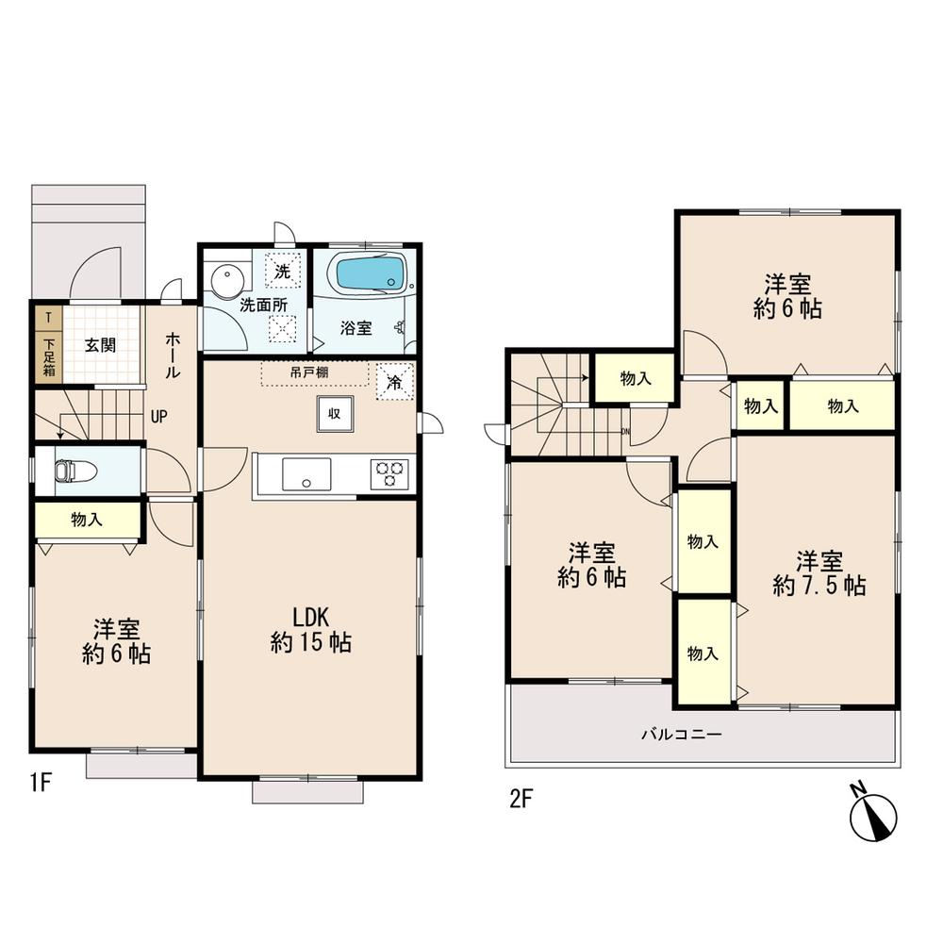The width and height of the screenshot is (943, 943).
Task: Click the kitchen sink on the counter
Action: [306, 473]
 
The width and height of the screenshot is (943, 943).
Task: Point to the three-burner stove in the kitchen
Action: [390, 472]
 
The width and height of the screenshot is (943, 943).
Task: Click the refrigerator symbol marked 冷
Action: [393, 382]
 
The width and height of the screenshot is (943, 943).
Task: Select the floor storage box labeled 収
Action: [334, 413]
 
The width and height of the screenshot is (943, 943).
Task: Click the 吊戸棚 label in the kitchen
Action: [308, 372]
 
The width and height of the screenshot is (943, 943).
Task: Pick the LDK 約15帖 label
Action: [310, 630]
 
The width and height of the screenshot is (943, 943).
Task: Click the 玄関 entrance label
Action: [100, 344]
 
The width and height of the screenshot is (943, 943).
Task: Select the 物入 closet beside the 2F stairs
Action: [636, 378]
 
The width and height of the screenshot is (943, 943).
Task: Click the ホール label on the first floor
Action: [174, 356]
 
